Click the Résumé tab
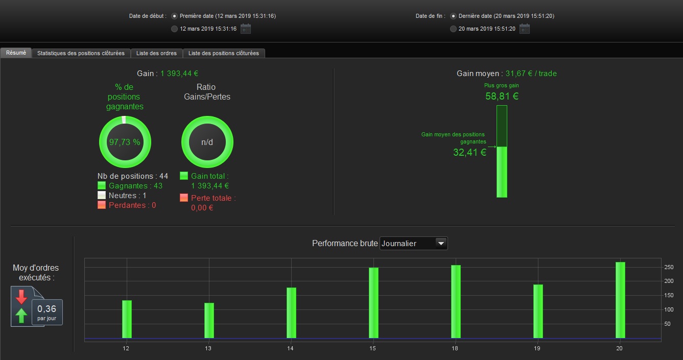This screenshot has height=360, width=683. click(16, 53)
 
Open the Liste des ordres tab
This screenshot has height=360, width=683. click(156, 53)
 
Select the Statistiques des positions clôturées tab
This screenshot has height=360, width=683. click(81, 53)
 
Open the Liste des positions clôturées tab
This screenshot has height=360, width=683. click(224, 53)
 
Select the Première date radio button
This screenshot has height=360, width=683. click(174, 16)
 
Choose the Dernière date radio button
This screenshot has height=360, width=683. click(454, 16)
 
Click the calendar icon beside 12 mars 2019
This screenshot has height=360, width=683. click(246, 29)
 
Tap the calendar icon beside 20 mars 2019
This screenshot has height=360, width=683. click(525, 29)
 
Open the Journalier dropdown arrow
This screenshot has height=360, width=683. click(441, 243)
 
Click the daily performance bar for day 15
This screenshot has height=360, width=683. click(373, 303)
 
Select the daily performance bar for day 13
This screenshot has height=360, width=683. click(209, 320)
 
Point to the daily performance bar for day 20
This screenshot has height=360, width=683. click(621, 300)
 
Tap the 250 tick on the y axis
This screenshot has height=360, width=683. click(669, 267)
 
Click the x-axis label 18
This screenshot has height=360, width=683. click(455, 348)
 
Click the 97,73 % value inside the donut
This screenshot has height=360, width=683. click(125, 142)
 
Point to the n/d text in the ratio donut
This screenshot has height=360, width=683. click(207, 142)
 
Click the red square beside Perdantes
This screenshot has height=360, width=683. click(102, 205)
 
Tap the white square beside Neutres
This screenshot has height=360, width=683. click(102, 195)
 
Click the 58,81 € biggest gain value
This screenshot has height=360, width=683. click(502, 97)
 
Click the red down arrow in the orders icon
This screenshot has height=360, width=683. click(21, 297)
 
